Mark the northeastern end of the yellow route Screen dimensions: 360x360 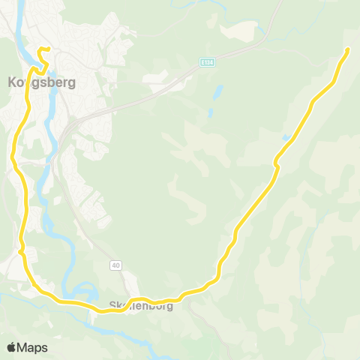click(348, 49)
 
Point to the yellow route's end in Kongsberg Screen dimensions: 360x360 click(47, 50)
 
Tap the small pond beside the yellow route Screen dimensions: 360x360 click(286, 138)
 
